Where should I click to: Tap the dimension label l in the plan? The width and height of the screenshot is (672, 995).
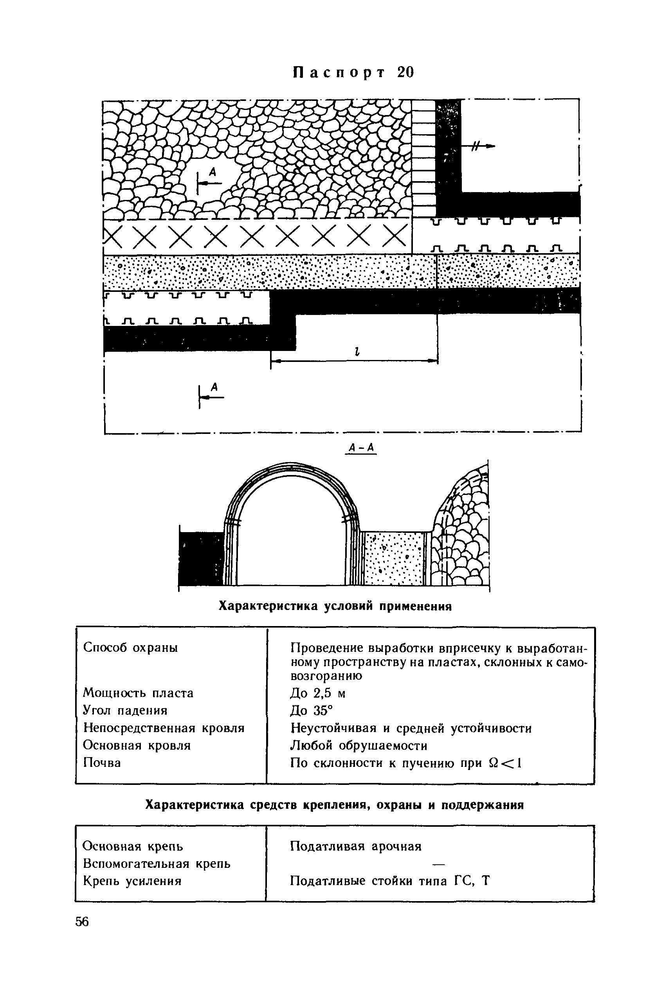point(356,351)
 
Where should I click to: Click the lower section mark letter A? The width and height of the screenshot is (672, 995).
point(215,387)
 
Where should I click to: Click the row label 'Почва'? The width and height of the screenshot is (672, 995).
point(102,763)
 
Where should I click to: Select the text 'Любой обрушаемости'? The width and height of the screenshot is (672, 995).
point(359,745)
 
